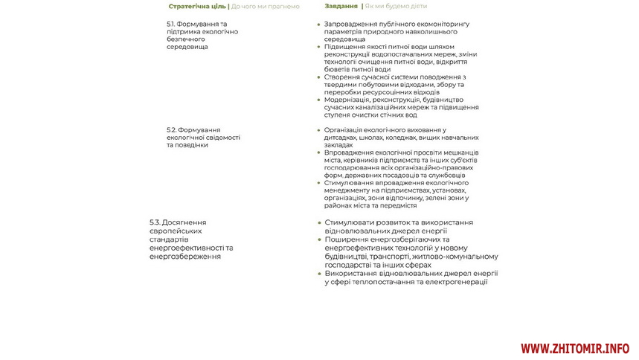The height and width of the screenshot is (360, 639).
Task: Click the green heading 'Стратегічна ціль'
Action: [x=198, y=7]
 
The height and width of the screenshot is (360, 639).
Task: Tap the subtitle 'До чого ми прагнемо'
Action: [x=266, y=7]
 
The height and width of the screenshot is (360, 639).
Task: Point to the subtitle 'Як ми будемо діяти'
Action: [x=396, y=6]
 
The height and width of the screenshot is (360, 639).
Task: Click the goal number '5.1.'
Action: [x=173, y=24]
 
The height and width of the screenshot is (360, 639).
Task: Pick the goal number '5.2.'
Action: [x=173, y=129]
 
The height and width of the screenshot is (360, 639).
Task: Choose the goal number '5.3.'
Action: [x=155, y=222]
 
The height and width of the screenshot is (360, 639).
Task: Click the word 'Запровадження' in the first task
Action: [x=352, y=24]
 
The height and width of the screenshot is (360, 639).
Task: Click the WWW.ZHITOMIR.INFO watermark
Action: [x=574, y=348]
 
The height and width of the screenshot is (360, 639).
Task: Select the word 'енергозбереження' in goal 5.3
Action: [x=185, y=257]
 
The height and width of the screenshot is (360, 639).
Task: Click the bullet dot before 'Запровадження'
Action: [x=319, y=25]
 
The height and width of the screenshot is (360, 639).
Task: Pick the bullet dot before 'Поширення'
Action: [x=319, y=240]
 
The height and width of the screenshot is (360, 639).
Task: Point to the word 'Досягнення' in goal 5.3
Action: [x=184, y=222]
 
